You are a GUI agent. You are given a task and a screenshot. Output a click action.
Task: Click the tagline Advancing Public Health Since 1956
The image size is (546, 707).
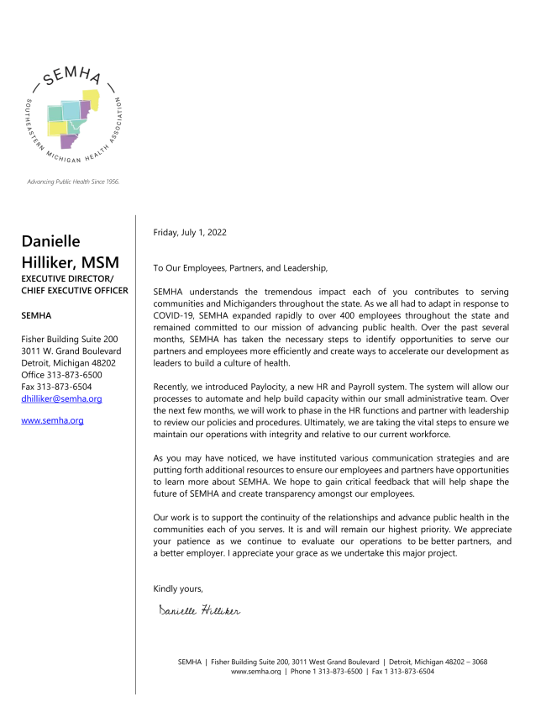click(x=74, y=182)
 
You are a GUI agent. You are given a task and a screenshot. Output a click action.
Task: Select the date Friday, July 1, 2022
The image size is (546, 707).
click(x=189, y=232)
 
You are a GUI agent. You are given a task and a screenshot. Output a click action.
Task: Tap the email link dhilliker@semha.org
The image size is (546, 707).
click(x=61, y=399)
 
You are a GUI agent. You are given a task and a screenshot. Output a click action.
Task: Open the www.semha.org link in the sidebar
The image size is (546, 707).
click(x=52, y=419)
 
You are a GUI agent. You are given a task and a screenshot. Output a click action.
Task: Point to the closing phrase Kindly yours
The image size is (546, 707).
click(x=178, y=588)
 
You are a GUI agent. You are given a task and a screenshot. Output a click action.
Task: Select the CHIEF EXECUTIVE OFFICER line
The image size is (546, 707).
click(x=75, y=290)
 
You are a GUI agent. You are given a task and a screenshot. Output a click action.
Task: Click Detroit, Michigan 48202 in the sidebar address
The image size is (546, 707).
click(x=68, y=363)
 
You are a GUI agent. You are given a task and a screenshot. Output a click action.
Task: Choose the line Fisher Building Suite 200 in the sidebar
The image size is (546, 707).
click(x=70, y=339)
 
